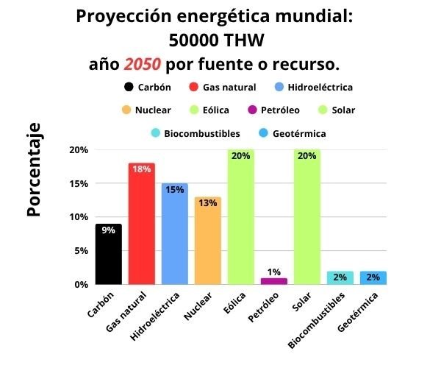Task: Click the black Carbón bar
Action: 108,254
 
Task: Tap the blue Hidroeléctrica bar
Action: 174,233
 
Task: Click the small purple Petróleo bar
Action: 273,280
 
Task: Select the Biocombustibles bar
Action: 340,277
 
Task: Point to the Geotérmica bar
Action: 373,277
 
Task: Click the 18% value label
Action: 141,169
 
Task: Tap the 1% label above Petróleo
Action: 273,272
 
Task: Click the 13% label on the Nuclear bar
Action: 207,203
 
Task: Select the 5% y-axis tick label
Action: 81,250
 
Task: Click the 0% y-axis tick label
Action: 81,284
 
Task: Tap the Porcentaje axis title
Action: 34,169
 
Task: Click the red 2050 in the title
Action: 143,64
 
